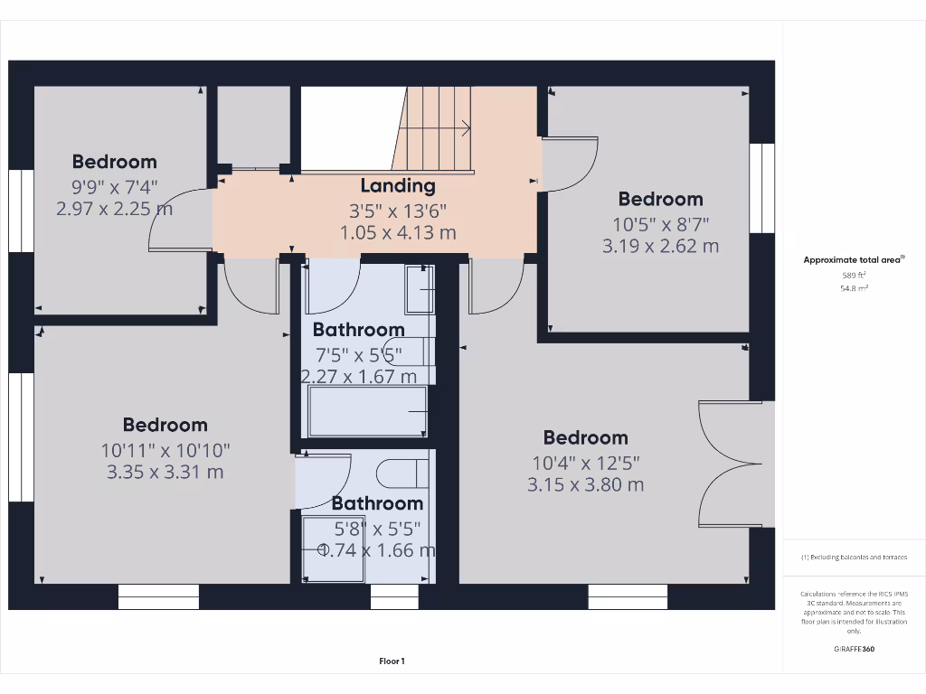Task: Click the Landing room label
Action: (398, 186)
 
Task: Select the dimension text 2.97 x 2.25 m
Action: (114, 210)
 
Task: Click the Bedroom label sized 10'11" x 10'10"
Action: (165, 425)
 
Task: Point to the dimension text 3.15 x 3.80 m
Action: (585, 484)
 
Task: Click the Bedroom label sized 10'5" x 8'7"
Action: (660, 200)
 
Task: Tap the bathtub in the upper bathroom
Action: (367, 411)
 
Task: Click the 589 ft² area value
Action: (854, 275)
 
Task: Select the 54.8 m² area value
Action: (854, 288)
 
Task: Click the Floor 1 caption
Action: (392, 661)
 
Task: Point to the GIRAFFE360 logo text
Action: (854, 649)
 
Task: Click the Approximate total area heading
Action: (854, 259)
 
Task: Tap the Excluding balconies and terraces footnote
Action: (854, 558)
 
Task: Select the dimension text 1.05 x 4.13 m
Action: (398, 233)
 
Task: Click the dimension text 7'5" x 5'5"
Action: (359, 353)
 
